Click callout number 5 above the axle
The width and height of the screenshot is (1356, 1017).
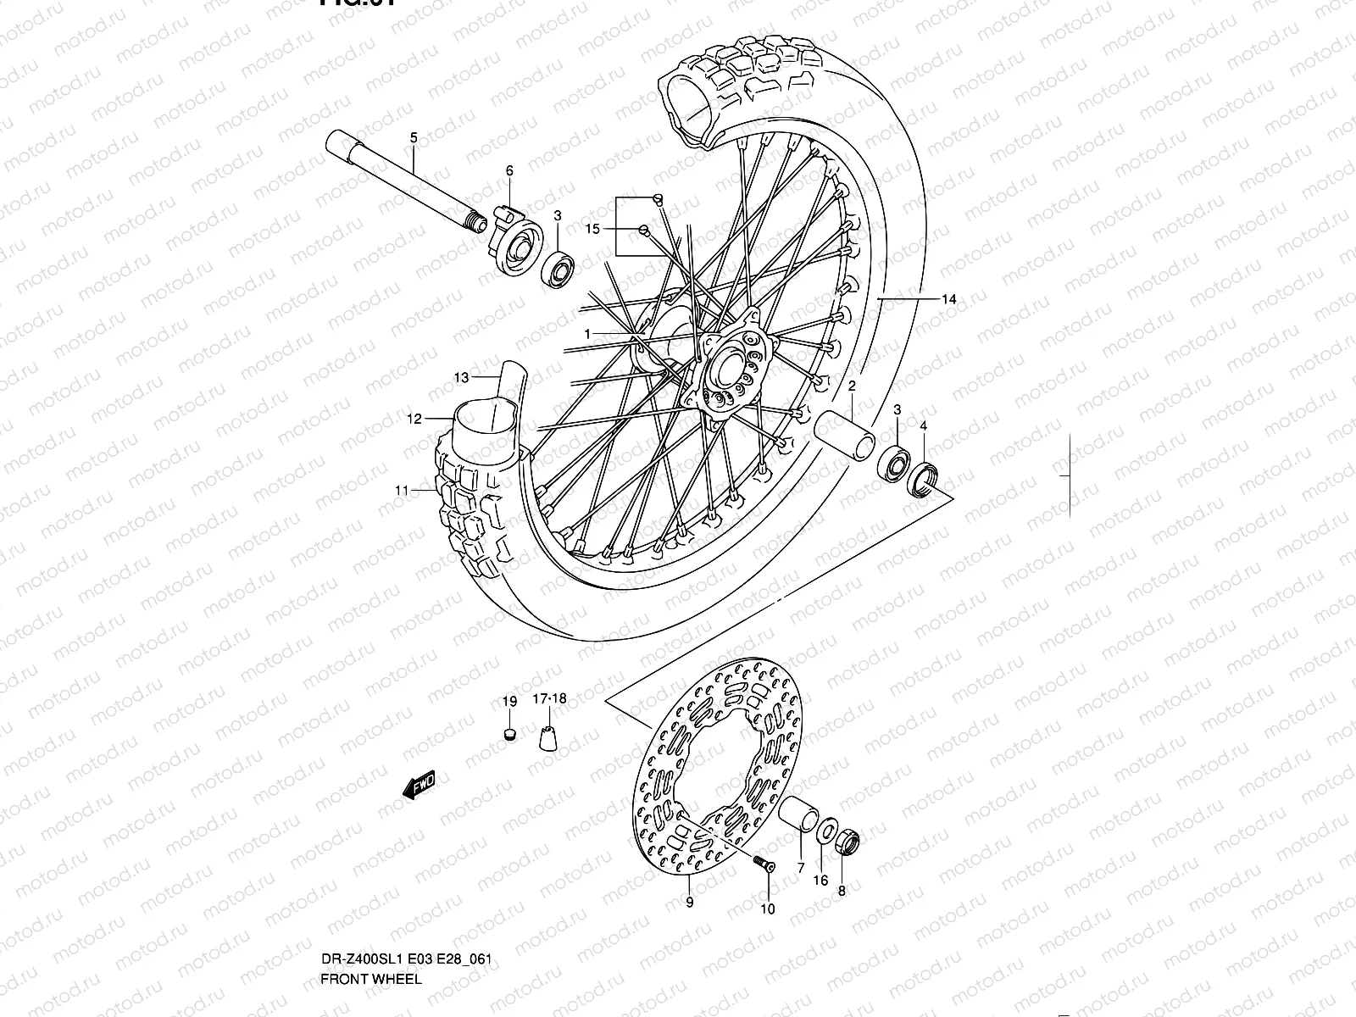click(414, 137)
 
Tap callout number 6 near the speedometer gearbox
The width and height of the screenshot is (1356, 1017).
click(509, 170)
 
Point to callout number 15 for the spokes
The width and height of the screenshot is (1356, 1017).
click(592, 229)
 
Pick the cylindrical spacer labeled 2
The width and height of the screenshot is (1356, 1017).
click(844, 431)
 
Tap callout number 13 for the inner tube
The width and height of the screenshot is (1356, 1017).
click(460, 377)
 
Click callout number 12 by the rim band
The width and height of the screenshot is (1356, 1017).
click(414, 419)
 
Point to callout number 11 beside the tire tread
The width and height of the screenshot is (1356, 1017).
click(402, 490)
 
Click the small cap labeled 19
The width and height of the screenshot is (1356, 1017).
click(508, 733)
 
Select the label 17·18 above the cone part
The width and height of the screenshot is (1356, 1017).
click(549, 699)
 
